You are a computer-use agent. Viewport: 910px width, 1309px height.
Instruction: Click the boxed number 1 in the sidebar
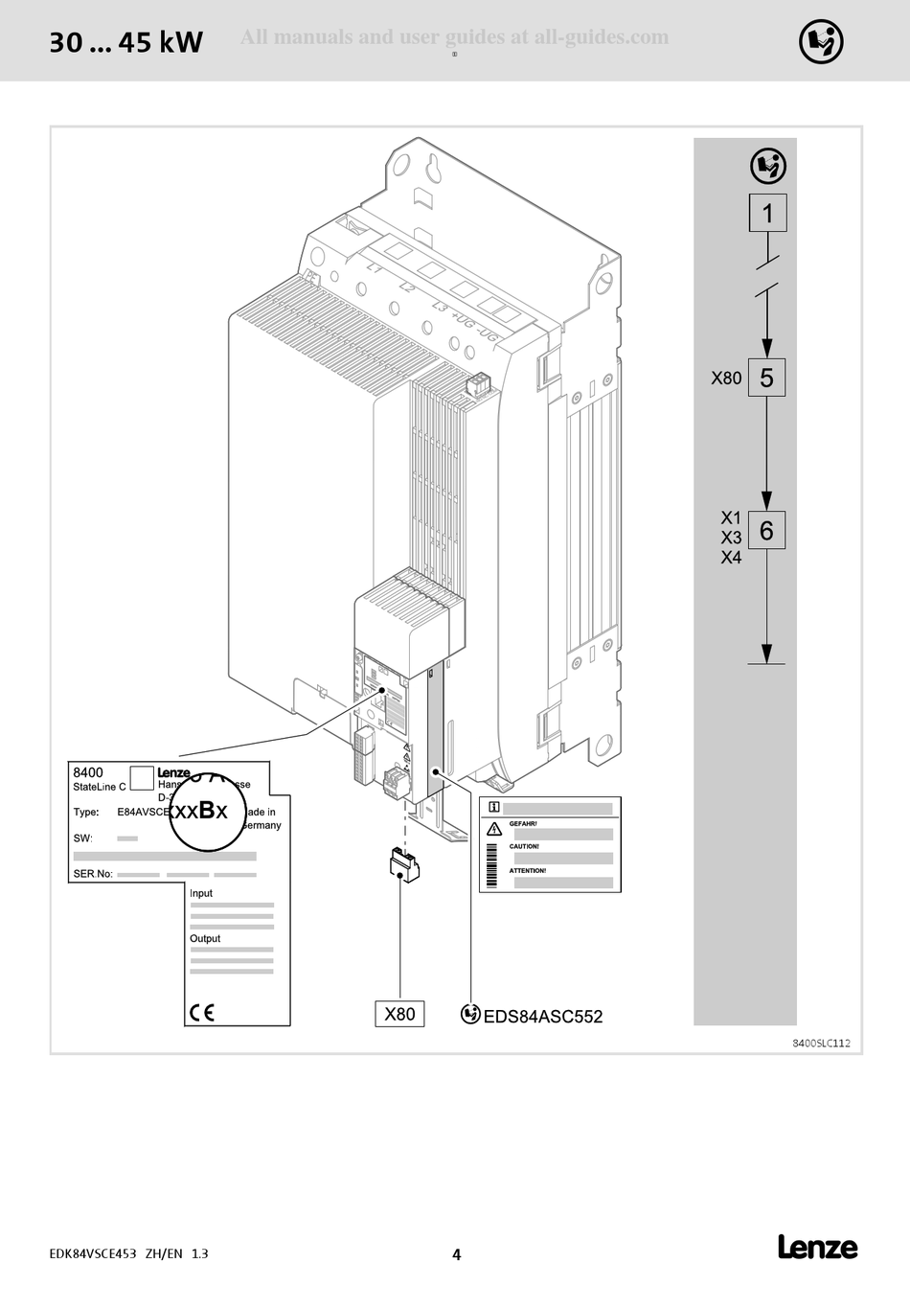click(x=767, y=213)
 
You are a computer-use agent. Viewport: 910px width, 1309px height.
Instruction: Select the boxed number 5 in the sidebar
click(x=766, y=378)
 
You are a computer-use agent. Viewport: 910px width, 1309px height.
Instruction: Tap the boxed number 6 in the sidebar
click(x=766, y=530)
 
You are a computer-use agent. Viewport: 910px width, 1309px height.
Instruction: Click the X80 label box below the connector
click(x=399, y=1014)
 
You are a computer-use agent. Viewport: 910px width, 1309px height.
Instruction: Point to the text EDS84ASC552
click(x=543, y=1017)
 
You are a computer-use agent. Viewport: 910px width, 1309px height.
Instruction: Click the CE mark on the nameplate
click(x=202, y=1012)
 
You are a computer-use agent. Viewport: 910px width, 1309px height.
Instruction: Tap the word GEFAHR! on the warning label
click(x=523, y=824)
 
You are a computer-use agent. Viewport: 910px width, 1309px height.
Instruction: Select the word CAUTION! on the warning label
click(x=524, y=847)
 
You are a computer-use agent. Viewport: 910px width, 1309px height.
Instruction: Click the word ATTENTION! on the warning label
click(x=528, y=871)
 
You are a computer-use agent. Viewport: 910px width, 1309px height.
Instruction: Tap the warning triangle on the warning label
click(x=494, y=829)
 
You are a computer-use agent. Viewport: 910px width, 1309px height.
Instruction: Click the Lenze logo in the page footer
click(x=817, y=1248)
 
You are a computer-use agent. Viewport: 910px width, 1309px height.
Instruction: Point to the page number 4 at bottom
click(x=456, y=1254)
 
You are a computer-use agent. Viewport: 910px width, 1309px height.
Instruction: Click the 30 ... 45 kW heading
click(x=125, y=43)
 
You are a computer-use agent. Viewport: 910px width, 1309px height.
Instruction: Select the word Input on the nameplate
click(x=201, y=893)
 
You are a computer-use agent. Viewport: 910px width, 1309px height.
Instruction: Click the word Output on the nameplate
click(x=205, y=939)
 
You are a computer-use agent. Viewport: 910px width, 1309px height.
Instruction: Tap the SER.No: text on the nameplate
click(x=93, y=874)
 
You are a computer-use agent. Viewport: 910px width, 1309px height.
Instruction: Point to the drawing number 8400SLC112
click(x=821, y=1044)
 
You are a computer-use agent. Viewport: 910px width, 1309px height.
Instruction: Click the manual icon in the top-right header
click(x=821, y=41)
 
